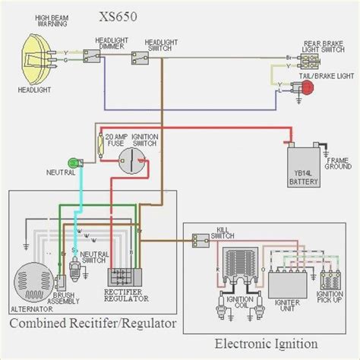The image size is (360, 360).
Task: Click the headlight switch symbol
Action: pos(140,55)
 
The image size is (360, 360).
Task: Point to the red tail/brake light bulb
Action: pos(308,87)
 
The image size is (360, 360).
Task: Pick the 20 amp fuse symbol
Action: pos(100,144)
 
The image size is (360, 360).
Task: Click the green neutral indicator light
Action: pos(74,161)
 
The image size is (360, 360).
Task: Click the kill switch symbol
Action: pos(201,242)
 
